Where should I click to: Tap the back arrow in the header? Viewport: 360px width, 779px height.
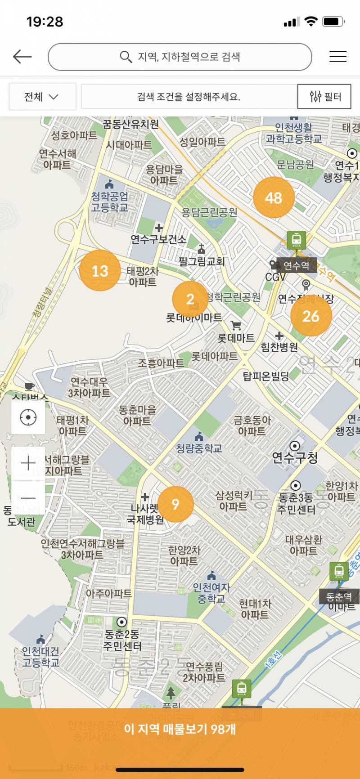(22, 57)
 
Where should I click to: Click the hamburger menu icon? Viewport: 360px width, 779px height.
(337, 57)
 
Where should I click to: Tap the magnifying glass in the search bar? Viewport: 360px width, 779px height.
(126, 57)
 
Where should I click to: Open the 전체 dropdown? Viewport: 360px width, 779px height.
(42, 97)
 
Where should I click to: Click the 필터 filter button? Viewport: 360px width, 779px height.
(324, 97)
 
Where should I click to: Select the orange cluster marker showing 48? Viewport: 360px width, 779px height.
(274, 197)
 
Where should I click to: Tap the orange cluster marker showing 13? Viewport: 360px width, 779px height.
(100, 271)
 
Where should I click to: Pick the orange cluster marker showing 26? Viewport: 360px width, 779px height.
(311, 316)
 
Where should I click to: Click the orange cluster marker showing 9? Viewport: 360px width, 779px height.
(175, 504)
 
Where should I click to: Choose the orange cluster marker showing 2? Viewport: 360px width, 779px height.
(190, 299)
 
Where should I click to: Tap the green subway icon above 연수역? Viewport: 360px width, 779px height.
(297, 240)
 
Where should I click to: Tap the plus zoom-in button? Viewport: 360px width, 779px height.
(28, 463)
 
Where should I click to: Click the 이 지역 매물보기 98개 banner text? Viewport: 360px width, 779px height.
(180, 729)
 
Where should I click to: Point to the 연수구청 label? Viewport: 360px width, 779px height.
(295, 457)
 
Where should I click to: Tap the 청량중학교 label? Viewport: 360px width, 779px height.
(199, 448)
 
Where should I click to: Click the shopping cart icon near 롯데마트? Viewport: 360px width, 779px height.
(236, 325)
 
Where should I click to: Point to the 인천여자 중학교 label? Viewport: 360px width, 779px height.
(211, 593)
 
